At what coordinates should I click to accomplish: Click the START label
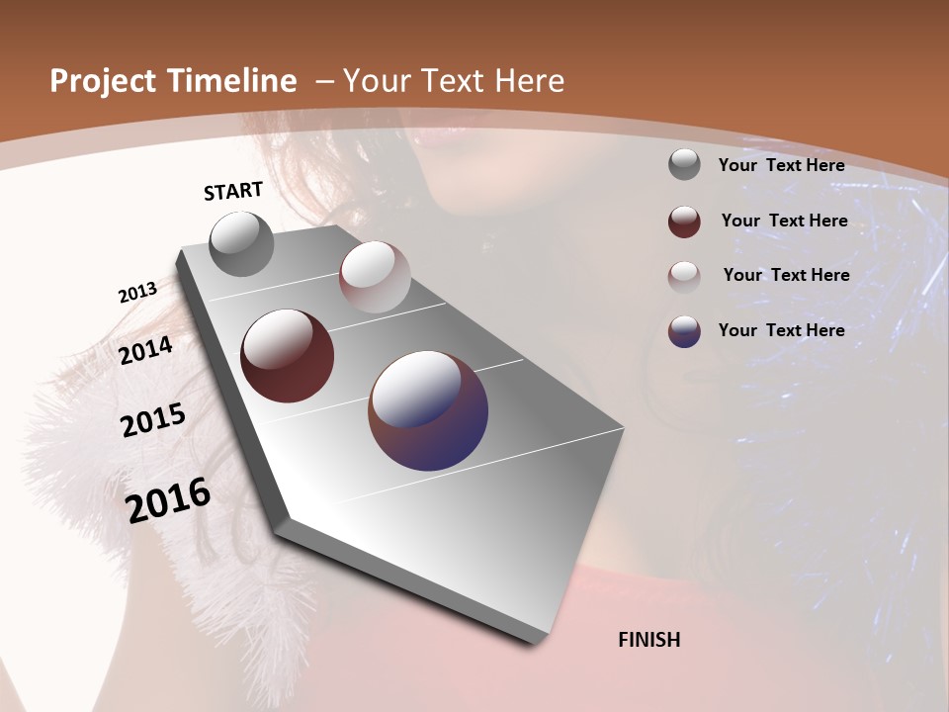(233, 191)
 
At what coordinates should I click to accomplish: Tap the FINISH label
(648, 640)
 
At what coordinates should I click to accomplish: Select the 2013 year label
(137, 293)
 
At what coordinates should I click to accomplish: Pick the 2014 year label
(145, 350)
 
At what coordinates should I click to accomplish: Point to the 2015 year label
(153, 420)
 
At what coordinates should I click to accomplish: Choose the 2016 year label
(168, 500)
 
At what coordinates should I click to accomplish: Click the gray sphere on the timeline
(242, 244)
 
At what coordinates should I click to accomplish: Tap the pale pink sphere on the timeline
(375, 277)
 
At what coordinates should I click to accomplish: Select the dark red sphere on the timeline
(287, 356)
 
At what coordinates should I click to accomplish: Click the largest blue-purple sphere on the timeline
(428, 410)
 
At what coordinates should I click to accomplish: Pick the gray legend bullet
(684, 164)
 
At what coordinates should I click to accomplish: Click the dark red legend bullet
(684, 222)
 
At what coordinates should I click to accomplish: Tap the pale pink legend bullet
(684, 276)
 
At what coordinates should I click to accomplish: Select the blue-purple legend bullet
(684, 331)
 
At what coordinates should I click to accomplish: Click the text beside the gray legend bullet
(781, 165)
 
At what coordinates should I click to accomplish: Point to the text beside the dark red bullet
(784, 221)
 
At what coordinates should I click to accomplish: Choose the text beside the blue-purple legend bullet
(781, 330)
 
